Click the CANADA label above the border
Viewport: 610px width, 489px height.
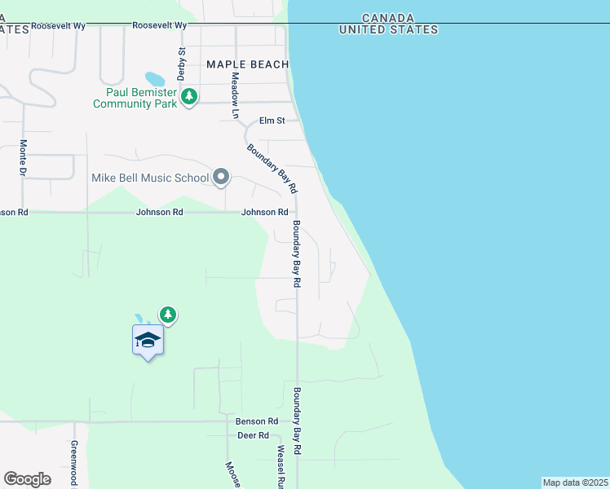click(387, 18)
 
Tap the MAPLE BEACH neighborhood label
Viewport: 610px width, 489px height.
click(247, 64)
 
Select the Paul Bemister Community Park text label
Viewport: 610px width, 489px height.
click(135, 99)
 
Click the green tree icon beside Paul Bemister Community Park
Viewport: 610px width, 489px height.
click(189, 97)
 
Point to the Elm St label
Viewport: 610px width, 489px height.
click(272, 121)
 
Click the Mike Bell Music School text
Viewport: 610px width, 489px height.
click(150, 177)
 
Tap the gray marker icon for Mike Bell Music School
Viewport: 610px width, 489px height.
click(221, 176)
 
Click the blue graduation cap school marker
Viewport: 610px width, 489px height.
click(148, 340)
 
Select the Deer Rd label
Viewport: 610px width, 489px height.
click(253, 436)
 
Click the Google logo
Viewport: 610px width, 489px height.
click(27, 479)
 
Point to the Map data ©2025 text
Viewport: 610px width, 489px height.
click(576, 482)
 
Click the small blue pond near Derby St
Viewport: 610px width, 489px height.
click(155, 79)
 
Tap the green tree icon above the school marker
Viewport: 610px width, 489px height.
click(168, 314)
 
